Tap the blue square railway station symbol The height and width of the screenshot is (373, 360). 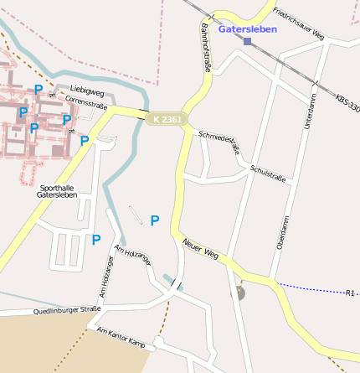point(247,41)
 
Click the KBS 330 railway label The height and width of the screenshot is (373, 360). point(347,105)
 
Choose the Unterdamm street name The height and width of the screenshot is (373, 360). point(311,111)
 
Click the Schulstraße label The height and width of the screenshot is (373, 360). point(267,174)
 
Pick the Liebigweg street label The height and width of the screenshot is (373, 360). point(86,88)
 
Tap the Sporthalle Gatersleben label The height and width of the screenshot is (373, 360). point(57,191)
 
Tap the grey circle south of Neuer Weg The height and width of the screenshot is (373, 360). point(239,293)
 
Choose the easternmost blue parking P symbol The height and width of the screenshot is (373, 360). point(154,220)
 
